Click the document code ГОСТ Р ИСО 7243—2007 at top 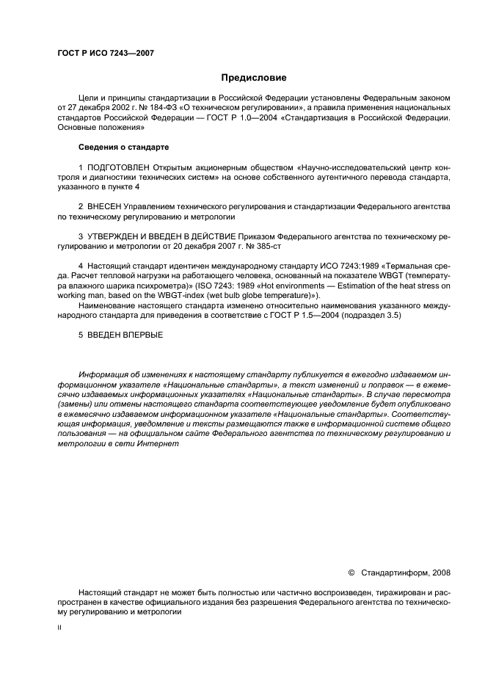105,53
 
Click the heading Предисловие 254,78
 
